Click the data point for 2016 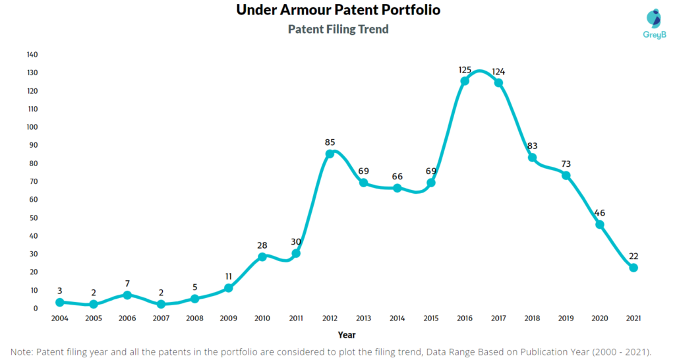[x=465, y=81]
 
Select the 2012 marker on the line [x=330, y=154]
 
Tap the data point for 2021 [x=633, y=268]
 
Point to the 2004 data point [x=60, y=302]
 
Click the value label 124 [x=499, y=71]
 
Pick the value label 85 [x=330, y=142]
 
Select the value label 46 [x=600, y=213]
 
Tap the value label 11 [x=229, y=276]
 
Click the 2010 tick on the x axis [x=262, y=318]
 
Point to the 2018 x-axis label [x=532, y=318]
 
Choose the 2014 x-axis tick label [x=397, y=318]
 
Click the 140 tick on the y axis [x=32, y=55]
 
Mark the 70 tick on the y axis [x=34, y=181]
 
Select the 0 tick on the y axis [x=36, y=309]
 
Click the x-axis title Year [x=347, y=335]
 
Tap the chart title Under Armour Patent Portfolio [x=338, y=11]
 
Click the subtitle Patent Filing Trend [x=338, y=29]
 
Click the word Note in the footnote [x=24, y=351]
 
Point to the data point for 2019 [x=566, y=175]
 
